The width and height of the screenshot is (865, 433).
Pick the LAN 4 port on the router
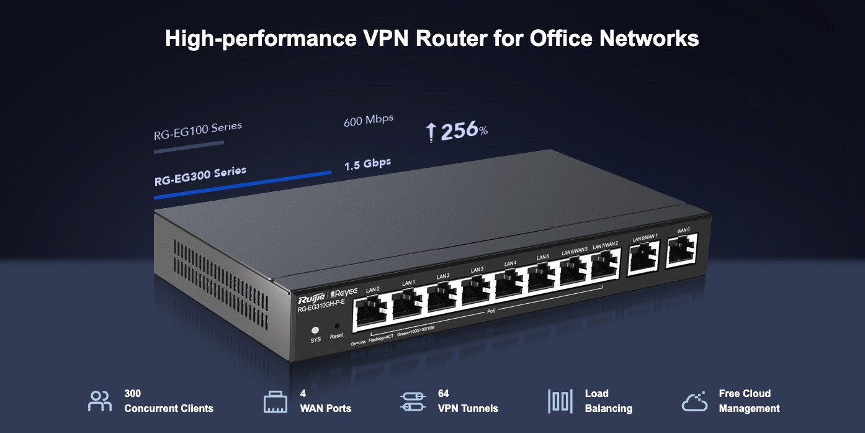point(511,286)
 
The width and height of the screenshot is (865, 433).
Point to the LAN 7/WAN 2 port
point(606,265)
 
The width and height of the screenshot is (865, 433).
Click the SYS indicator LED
point(315,330)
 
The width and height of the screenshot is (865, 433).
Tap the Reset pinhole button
point(337,326)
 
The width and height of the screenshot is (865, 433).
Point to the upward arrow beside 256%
point(431,132)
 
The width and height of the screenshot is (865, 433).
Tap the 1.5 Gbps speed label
point(367,165)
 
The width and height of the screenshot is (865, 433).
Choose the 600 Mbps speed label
point(369,119)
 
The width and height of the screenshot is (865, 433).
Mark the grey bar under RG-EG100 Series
point(189,147)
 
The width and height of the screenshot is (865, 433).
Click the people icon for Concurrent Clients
point(100,401)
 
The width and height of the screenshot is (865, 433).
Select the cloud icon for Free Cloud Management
point(694,401)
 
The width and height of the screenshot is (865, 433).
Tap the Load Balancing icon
point(560,401)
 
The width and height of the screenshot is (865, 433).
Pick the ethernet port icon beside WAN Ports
point(276,402)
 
